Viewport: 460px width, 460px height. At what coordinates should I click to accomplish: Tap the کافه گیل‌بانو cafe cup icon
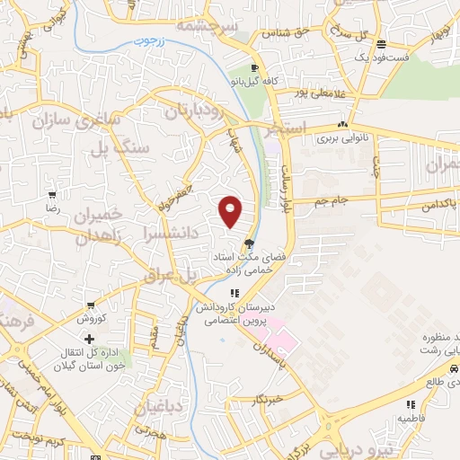pos(255,68)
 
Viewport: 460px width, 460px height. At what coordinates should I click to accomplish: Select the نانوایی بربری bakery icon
pos(342,125)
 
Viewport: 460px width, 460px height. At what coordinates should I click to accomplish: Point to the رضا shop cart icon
pos(53,194)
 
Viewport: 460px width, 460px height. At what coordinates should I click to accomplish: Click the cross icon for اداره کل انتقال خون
pos(89,339)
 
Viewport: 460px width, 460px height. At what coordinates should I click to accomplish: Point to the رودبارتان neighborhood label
pos(191,111)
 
